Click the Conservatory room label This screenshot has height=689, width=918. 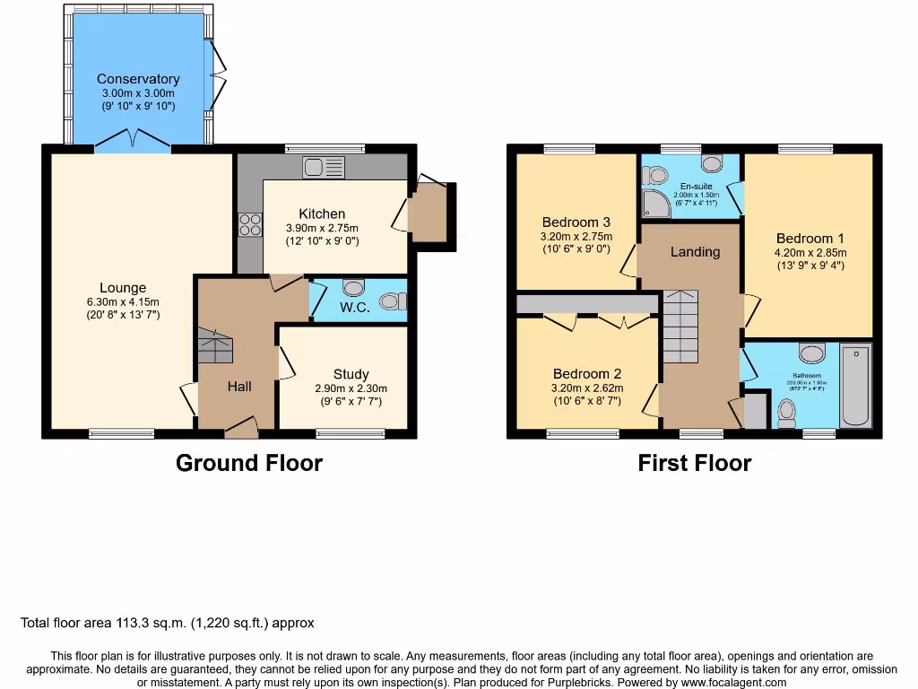138,79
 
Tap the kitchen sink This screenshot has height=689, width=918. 323,167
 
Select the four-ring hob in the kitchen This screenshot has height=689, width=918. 249,224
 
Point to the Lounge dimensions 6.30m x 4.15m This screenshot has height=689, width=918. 123,301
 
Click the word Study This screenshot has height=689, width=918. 351,374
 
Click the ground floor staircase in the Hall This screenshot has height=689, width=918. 214,345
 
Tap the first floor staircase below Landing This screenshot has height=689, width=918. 679,327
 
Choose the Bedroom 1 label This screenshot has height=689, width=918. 810,239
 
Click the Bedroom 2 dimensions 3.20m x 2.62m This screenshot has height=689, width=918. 587,388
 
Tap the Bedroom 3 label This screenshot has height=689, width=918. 576,222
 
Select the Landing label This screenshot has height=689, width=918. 695,252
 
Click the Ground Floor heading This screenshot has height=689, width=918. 248,463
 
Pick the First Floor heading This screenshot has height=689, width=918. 694,463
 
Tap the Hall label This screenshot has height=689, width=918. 238,387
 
